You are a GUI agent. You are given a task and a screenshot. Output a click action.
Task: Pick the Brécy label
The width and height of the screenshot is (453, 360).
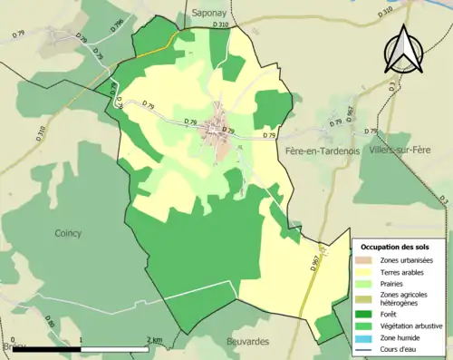pos(13,347)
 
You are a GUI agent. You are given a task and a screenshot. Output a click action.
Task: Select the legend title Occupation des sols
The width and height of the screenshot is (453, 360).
pos(397,247)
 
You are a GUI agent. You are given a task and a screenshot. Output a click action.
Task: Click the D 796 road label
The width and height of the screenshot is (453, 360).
pos(118,25)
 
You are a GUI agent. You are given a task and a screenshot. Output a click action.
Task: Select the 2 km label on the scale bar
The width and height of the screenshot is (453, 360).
pos(155,340)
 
